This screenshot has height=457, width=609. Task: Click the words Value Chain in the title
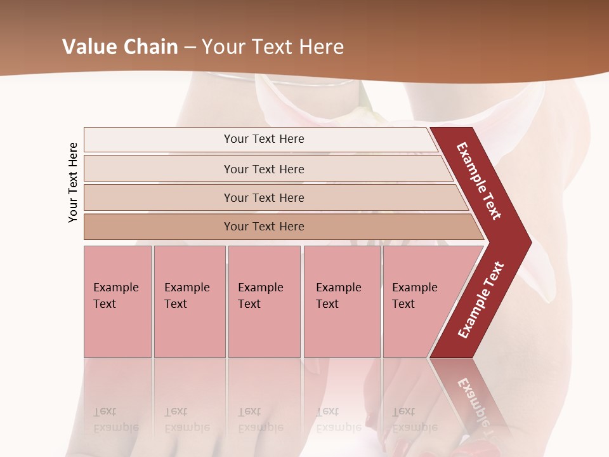pos(120,47)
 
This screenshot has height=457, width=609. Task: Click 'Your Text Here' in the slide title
pos(273,47)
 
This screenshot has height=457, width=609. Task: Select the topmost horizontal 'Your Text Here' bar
pos(264,139)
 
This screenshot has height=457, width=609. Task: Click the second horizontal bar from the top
pos(264,169)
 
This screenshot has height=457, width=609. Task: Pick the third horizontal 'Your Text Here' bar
pos(264,197)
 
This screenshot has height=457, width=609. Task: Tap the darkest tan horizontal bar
pos(264,227)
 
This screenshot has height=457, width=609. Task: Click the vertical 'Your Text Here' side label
pos(73,182)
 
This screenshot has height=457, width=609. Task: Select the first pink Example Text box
pos(117,301)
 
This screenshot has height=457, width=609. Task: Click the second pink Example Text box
pos(189,301)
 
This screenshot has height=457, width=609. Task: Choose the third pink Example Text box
pos(264,301)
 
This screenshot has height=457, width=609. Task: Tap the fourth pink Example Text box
pos(341,301)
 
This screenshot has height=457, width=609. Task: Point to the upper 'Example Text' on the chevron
pos(479,181)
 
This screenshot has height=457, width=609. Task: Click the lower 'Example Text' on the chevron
pos(481,300)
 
